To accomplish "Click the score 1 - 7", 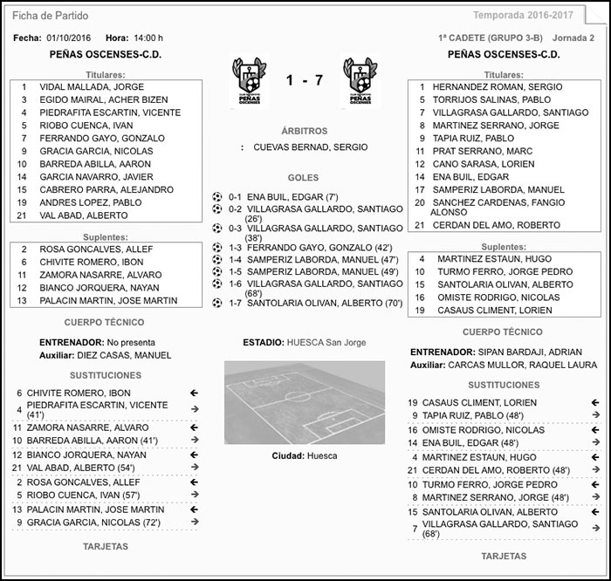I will (305, 80).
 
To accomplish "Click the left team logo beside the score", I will (249, 80).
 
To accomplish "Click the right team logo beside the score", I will (360, 80).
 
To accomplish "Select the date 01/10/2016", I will (69, 38).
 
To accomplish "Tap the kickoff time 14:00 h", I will (148, 38).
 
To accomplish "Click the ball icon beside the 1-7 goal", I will (217, 303).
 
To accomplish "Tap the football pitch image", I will (305, 402).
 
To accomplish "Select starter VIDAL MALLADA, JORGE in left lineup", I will (92, 87).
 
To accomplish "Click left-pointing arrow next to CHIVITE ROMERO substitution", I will (194, 393).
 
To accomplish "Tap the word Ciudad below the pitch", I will (287, 455).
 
